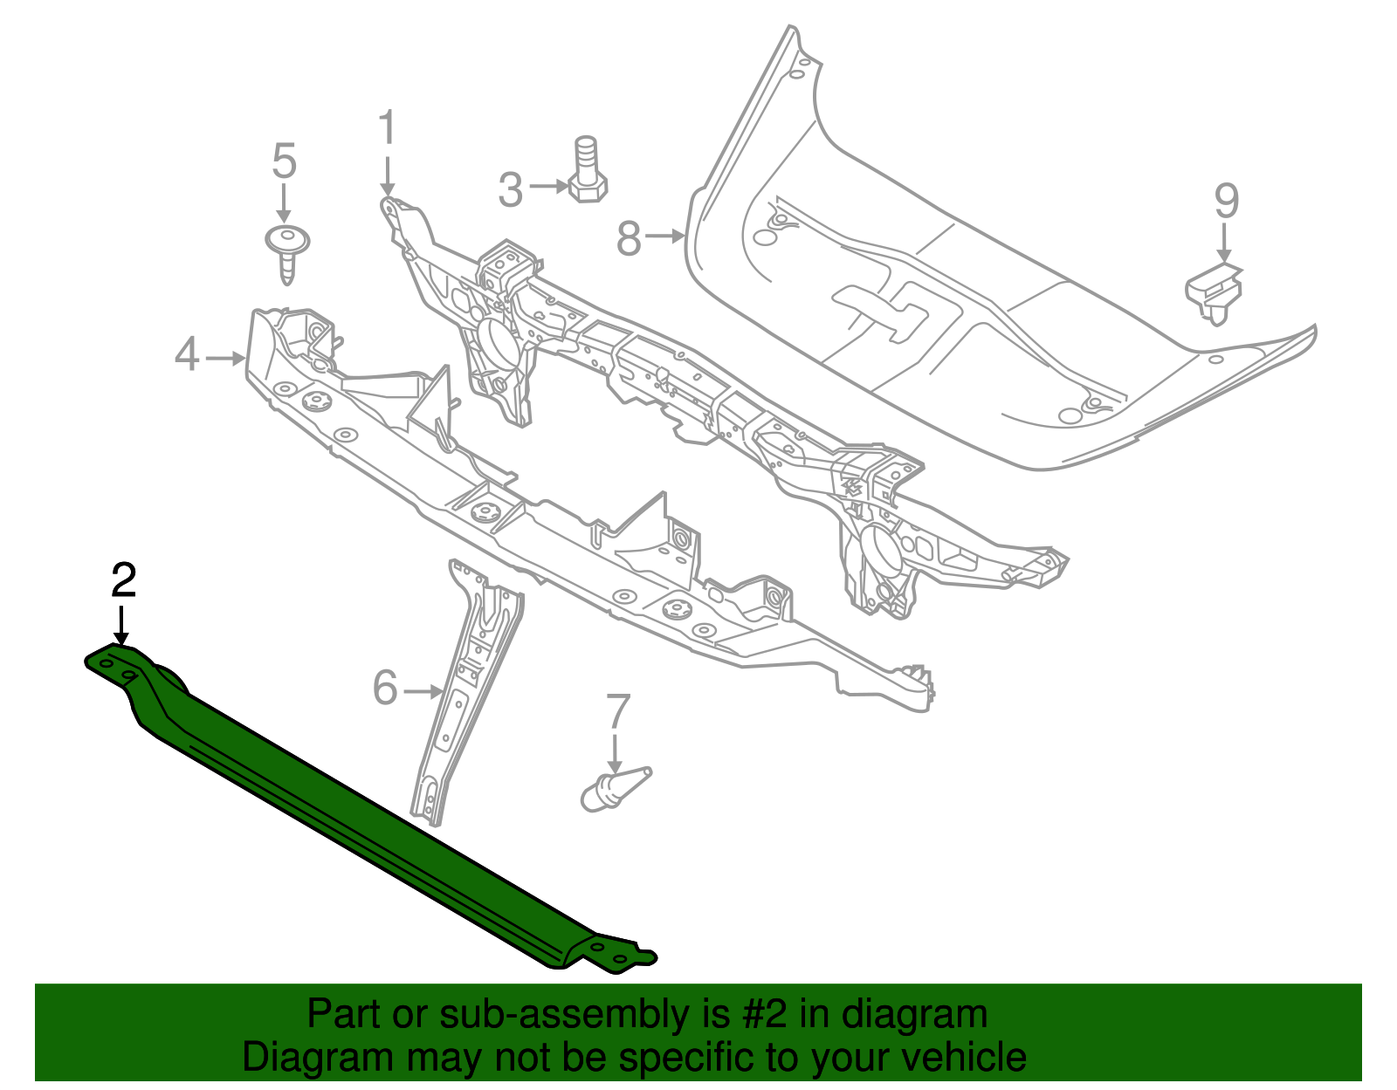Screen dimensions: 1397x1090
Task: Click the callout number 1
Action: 387,128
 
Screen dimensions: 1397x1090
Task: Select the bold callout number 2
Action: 123,581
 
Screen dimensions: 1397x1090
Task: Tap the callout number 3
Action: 511,189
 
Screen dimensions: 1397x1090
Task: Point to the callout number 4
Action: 187,355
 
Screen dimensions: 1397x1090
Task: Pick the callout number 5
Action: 284,161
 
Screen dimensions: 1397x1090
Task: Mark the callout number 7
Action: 617,711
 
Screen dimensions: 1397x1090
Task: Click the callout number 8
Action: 629,237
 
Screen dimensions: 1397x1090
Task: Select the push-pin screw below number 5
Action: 286,252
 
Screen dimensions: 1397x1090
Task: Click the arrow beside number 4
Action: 224,357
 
